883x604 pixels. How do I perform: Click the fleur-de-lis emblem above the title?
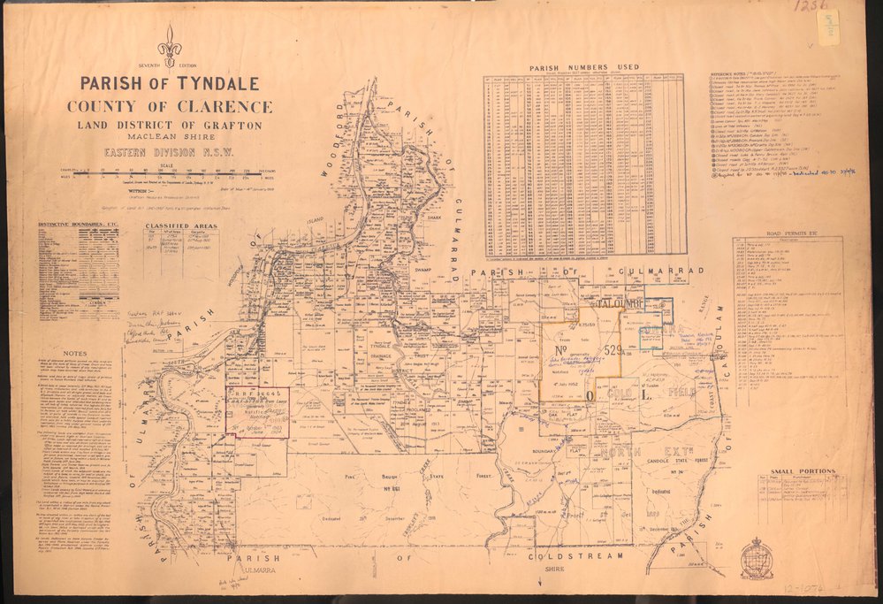pyautogui.click(x=169, y=44)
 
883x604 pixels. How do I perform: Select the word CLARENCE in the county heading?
pyautogui.click(x=221, y=107)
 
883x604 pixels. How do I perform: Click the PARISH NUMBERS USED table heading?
pyautogui.click(x=584, y=68)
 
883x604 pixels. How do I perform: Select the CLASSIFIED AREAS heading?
pyautogui.click(x=180, y=226)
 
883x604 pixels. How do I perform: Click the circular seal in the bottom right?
pyautogui.click(x=757, y=559)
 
